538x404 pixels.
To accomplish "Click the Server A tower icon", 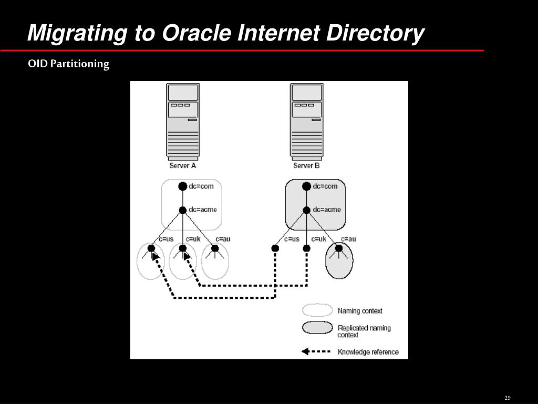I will click(182, 121).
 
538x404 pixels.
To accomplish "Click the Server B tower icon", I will click(306, 121).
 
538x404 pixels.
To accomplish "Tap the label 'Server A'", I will click(182, 166).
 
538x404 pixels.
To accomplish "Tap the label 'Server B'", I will click(306, 166).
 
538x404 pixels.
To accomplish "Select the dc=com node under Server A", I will click(183, 186).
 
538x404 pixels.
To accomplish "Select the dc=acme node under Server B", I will click(307, 210).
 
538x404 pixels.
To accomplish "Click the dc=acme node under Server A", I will click(183, 210).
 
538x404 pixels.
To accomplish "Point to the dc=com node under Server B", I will click(307, 186).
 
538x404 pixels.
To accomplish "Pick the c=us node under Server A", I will click(151, 248).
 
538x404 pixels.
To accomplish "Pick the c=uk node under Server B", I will click(307, 248).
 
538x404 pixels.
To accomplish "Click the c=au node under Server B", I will click(339, 248).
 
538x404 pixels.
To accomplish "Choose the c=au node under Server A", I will click(215, 248).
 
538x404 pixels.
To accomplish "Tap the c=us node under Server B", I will click(275, 248).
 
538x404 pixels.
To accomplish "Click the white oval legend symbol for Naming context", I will click(317, 310).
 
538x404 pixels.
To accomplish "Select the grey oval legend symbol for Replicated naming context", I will click(317, 328).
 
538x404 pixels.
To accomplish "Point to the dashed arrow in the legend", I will click(316, 351).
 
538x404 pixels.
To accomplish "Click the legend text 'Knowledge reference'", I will click(368, 352).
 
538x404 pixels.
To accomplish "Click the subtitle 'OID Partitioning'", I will click(69, 64).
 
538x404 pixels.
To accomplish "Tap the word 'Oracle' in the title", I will click(196, 33).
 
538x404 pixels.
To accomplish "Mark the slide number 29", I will click(508, 398).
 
